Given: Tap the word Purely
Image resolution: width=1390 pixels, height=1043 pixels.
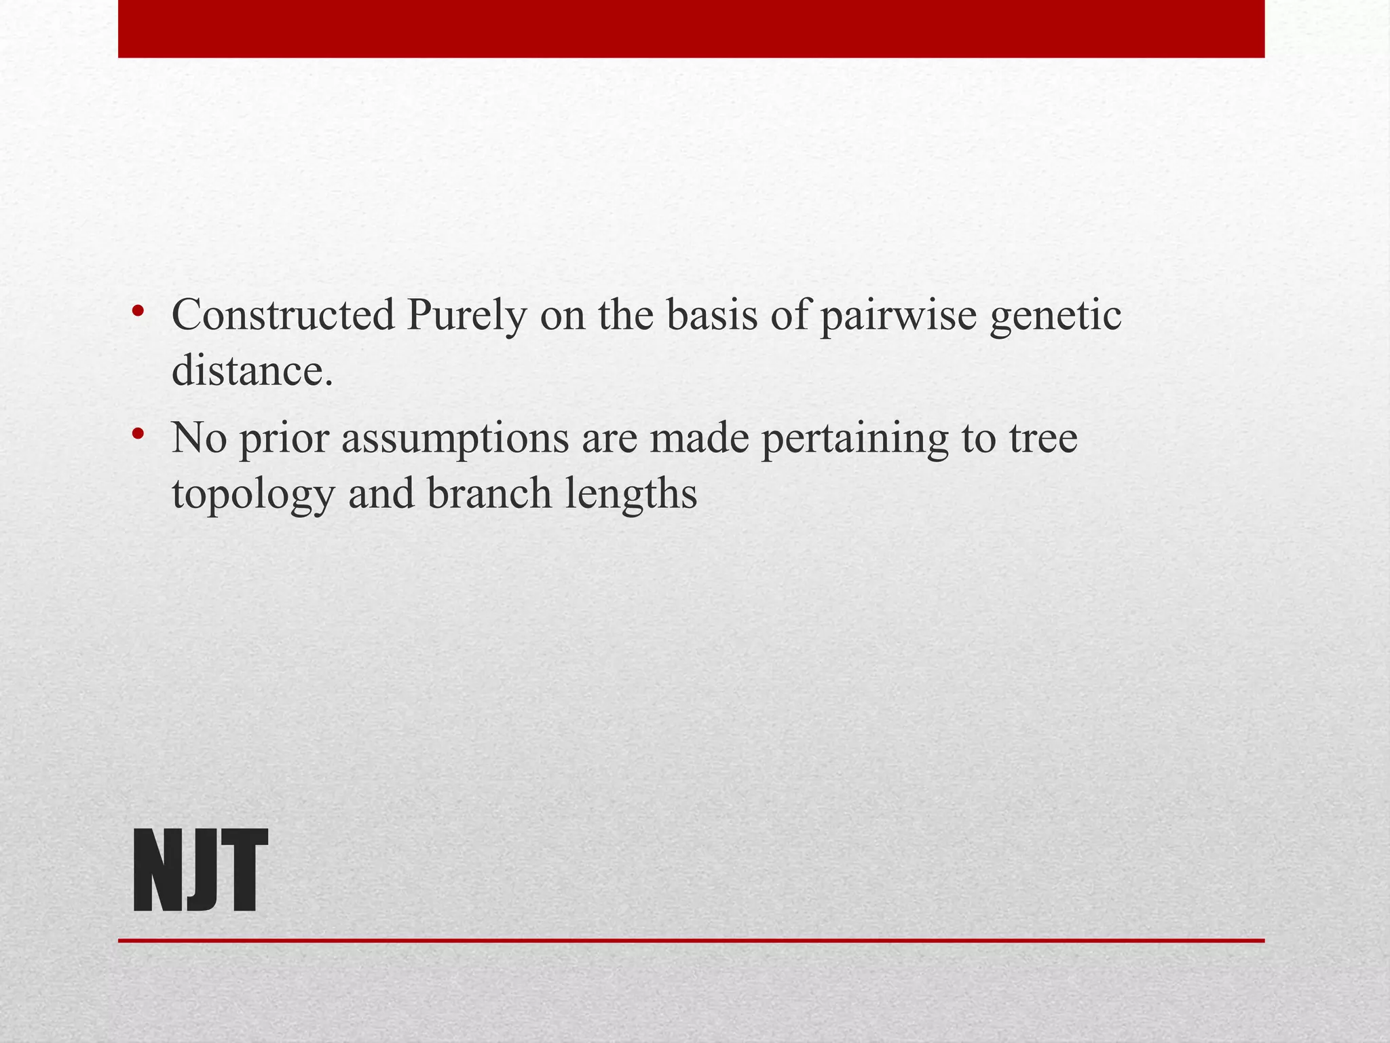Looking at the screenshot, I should coord(466,316).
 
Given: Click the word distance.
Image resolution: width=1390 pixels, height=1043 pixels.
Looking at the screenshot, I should coord(252,371).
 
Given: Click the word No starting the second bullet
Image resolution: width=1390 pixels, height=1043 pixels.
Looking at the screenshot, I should coord(199,438).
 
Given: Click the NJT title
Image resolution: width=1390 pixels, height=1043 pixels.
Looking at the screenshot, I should coord(200,871).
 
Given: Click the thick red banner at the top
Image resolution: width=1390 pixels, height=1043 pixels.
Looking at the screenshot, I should coord(691,29).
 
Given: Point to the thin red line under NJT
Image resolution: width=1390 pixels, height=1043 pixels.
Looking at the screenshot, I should coord(691,940).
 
